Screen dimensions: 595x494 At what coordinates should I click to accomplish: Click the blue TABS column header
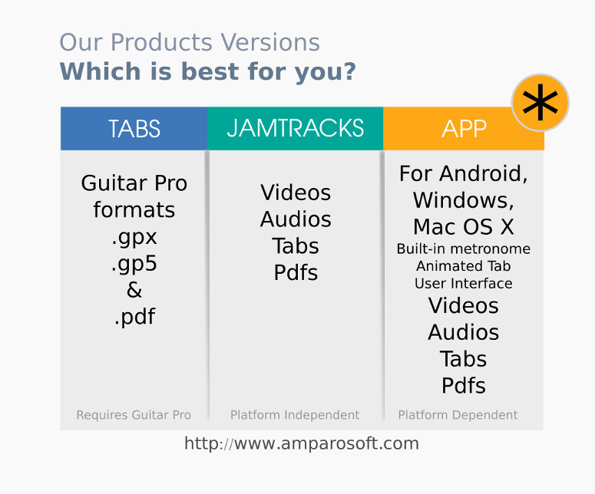[134, 129]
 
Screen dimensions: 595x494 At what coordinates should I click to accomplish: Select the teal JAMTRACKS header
[296, 129]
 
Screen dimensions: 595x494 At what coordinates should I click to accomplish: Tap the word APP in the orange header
[464, 129]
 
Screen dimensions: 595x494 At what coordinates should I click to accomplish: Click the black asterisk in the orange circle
[540, 103]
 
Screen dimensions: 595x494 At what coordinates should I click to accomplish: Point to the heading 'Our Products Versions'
[190, 41]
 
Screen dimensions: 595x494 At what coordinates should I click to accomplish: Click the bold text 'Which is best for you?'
[208, 71]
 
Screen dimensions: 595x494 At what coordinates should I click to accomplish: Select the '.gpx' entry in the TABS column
[134, 238]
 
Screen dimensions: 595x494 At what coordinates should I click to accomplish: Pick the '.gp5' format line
[134, 264]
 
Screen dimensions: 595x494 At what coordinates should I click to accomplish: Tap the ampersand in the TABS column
[134, 290]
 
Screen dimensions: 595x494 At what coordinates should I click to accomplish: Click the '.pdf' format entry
[134, 317]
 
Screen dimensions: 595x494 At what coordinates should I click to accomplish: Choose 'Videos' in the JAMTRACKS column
[296, 193]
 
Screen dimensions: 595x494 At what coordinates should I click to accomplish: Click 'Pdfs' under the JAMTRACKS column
[296, 272]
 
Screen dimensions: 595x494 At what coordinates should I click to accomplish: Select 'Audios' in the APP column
[463, 332]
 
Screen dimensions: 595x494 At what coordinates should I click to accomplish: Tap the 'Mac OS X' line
[463, 227]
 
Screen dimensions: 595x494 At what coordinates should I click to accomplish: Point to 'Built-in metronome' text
[463, 249]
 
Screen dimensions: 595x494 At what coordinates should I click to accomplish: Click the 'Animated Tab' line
[463, 266]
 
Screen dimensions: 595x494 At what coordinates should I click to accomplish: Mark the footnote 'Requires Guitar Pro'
[134, 415]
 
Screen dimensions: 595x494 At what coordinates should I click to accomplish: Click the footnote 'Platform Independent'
[295, 415]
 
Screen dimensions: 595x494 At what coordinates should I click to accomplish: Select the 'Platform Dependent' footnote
[458, 415]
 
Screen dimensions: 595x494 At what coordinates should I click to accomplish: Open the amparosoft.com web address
[302, 443]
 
